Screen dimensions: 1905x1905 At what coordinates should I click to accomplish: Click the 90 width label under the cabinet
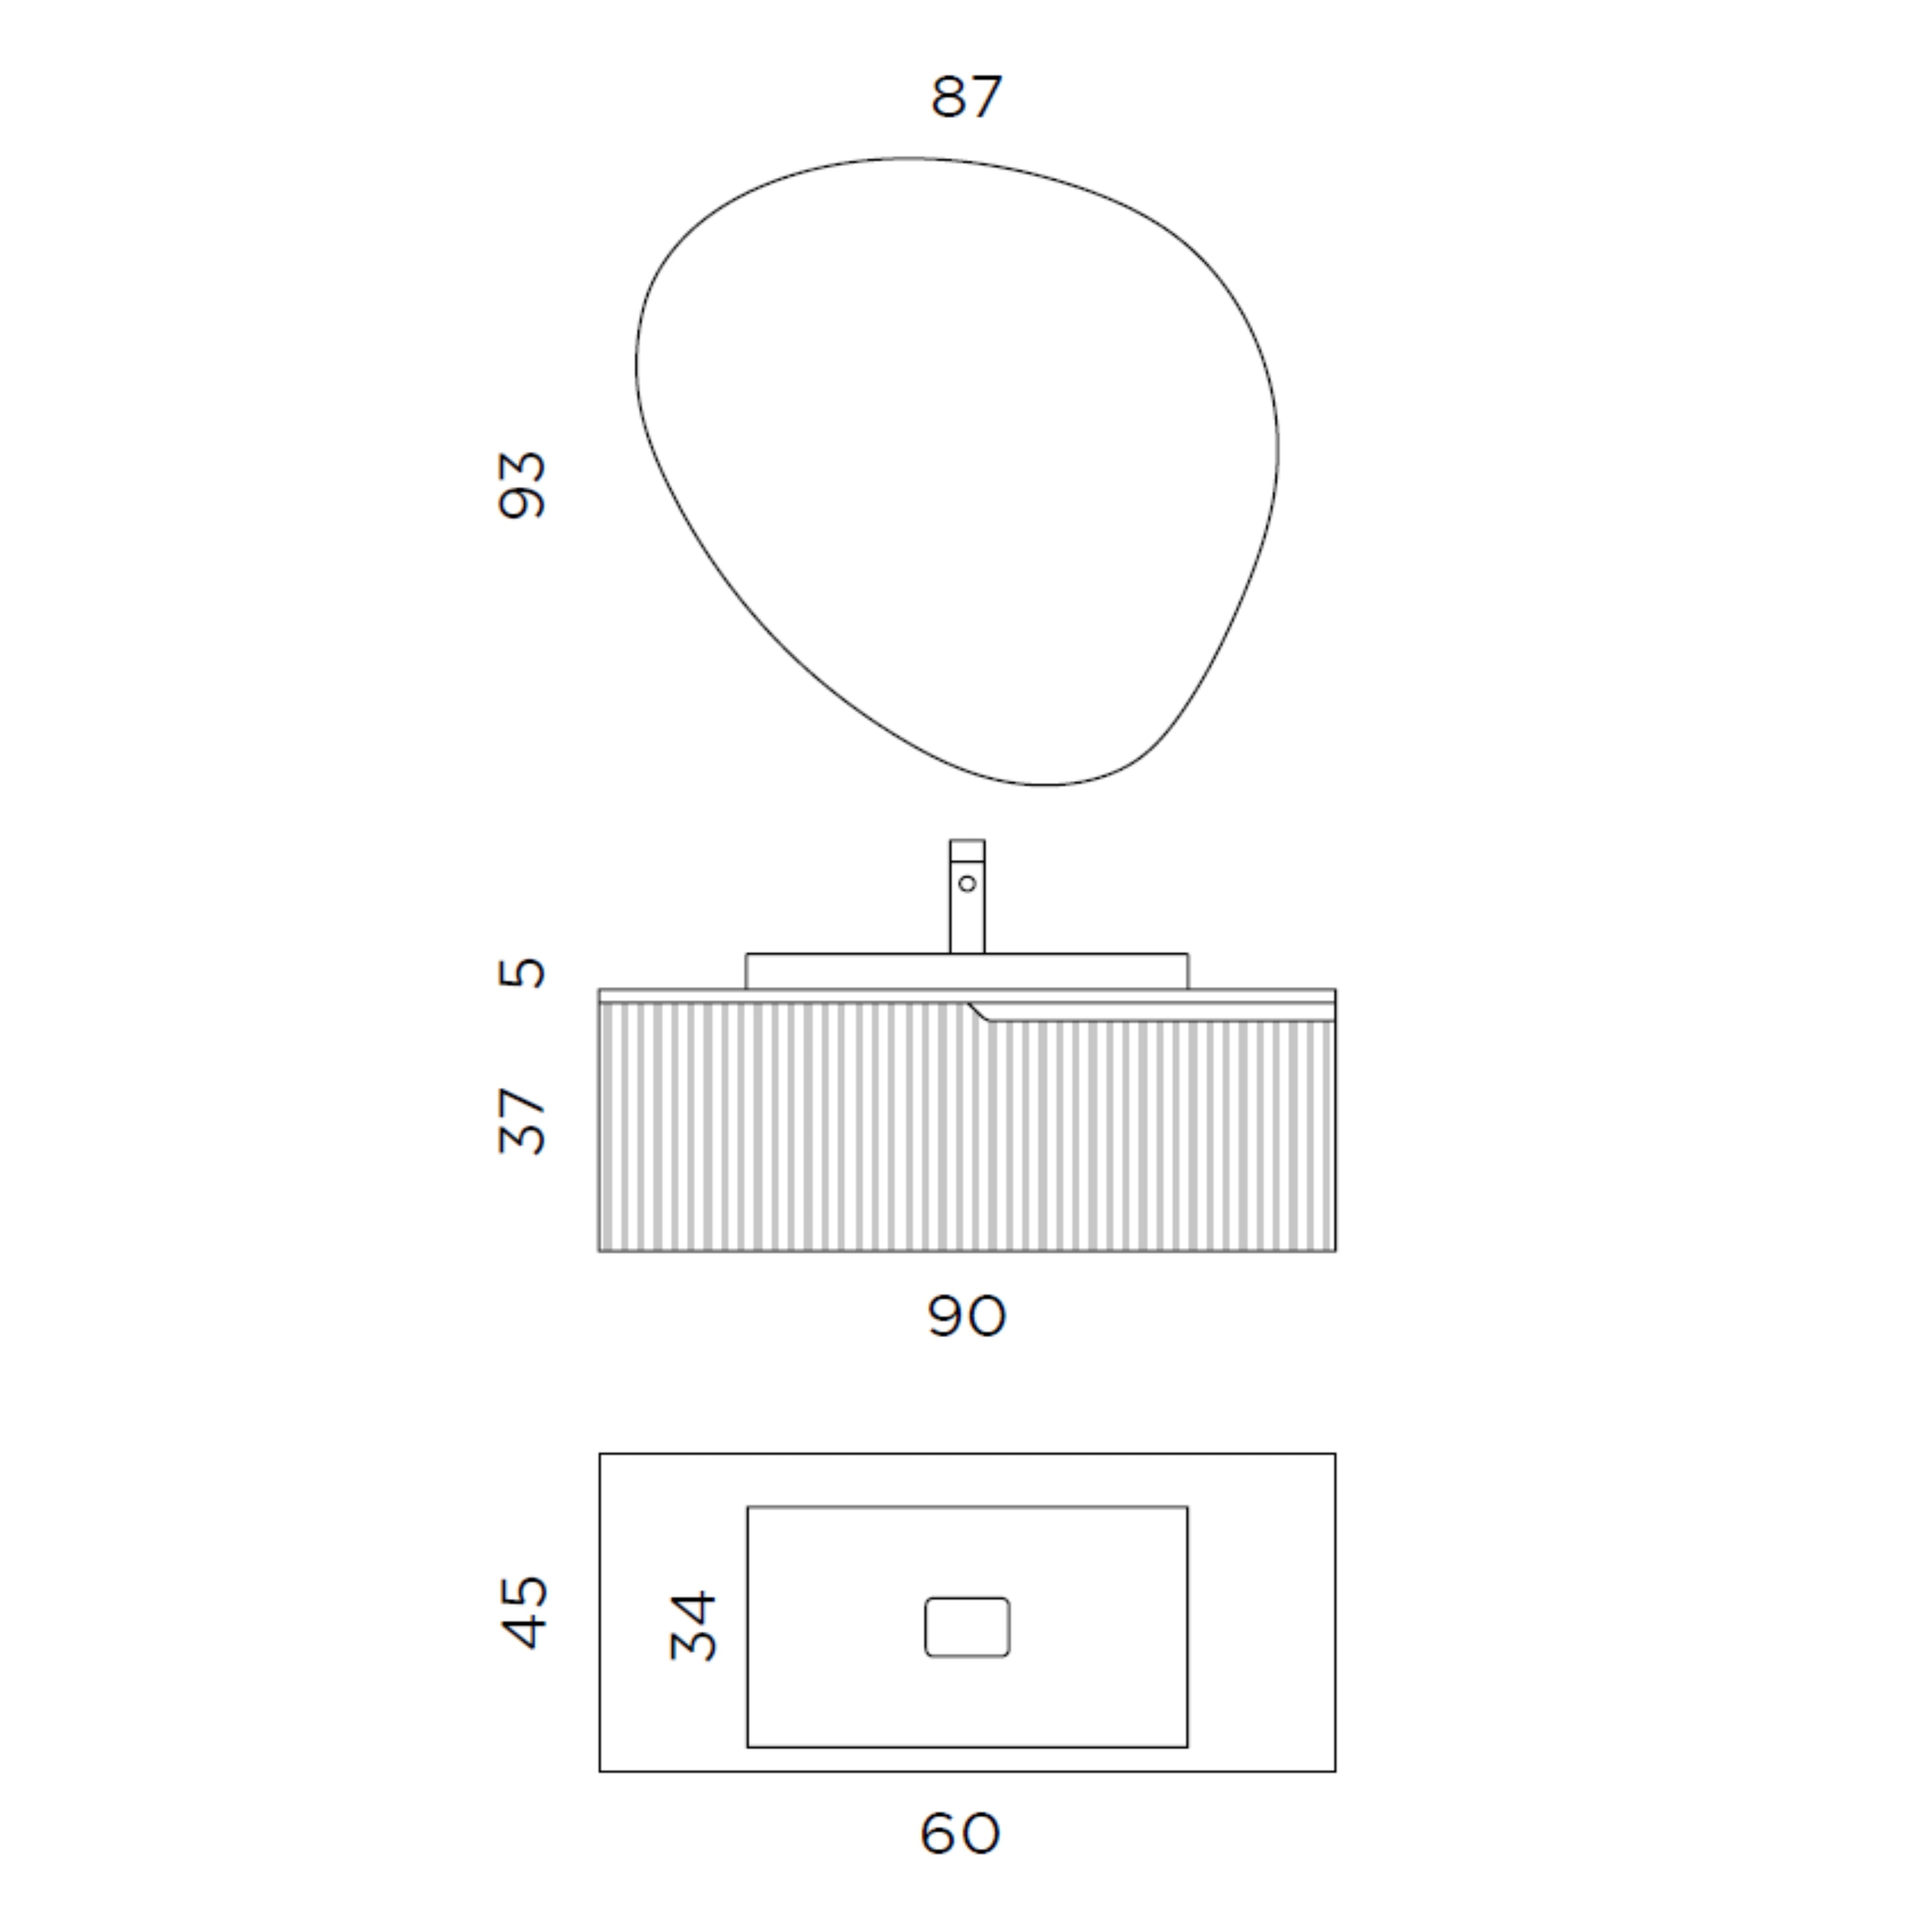tap(966, 1315)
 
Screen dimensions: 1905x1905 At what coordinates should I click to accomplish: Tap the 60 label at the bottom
tap(959, 1833)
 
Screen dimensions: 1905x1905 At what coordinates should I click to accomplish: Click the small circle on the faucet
tap(967, 883)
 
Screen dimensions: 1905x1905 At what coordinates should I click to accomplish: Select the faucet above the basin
tap(967, 896)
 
